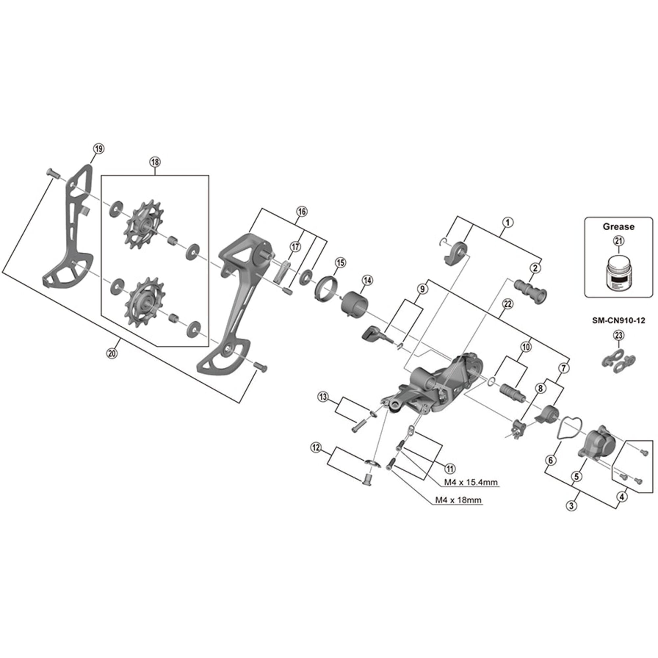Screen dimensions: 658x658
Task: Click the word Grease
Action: (619, 226)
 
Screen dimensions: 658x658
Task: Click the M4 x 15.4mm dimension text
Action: (471, 482)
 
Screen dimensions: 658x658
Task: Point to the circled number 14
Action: (367, 280)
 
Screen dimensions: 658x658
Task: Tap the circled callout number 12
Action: (316, 447)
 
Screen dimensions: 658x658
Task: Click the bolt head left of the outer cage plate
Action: (51, 174)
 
